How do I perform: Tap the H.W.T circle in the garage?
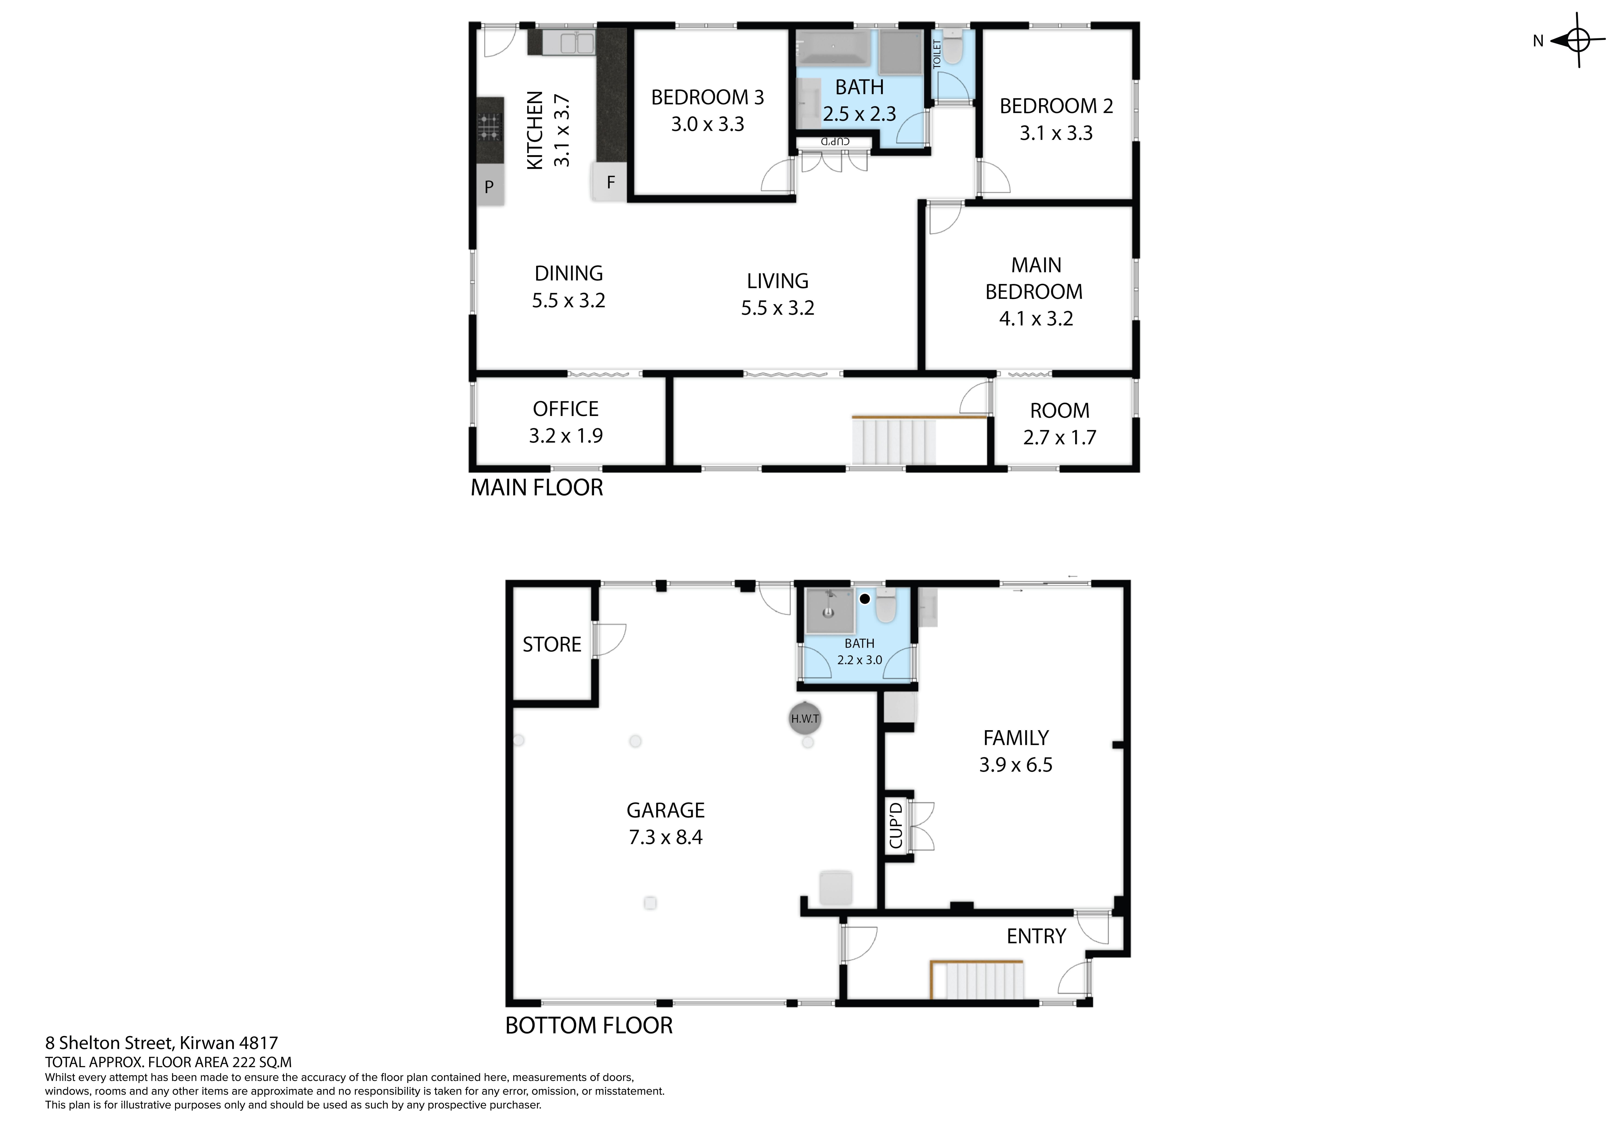coord(804,718)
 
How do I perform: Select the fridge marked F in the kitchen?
coord(609,182)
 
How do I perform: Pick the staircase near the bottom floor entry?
coord(977,980)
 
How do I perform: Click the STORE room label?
coord(552,645)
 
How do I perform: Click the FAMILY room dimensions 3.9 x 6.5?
coord(1015,764)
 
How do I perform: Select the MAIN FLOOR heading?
coord(536,488)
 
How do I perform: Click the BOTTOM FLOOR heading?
coord(589,1025)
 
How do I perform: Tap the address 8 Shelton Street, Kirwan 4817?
coord(161,1044)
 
